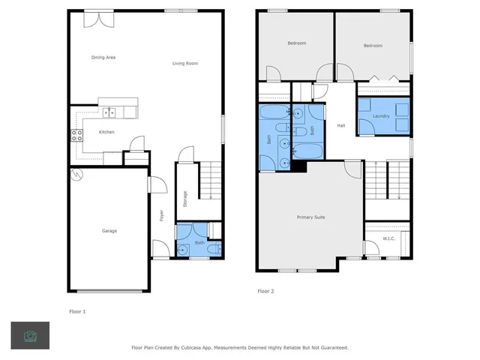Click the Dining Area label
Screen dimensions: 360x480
(103, 57)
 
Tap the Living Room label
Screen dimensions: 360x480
(184, 64)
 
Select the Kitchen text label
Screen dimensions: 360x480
(106, 133)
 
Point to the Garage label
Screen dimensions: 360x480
(109, 230)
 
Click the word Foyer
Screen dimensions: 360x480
(162, 214)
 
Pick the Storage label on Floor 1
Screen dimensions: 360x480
(185, 199)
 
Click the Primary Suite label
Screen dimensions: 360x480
(310, 217)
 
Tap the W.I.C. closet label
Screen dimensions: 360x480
(388, 239)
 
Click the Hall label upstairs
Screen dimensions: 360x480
(340, 126)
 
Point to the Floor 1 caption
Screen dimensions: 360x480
(78, 310)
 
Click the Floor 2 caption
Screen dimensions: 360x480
(266, 291)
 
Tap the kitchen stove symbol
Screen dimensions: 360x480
(76, 136)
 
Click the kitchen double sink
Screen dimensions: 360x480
(109, 112)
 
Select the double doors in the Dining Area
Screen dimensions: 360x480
(95, 18)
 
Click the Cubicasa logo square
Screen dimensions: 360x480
(30, 335)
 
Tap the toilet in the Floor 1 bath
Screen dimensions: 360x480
(213, 248)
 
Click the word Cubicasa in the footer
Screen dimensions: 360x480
(199, 348)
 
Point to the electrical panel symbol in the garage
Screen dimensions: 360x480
(76, 175)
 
